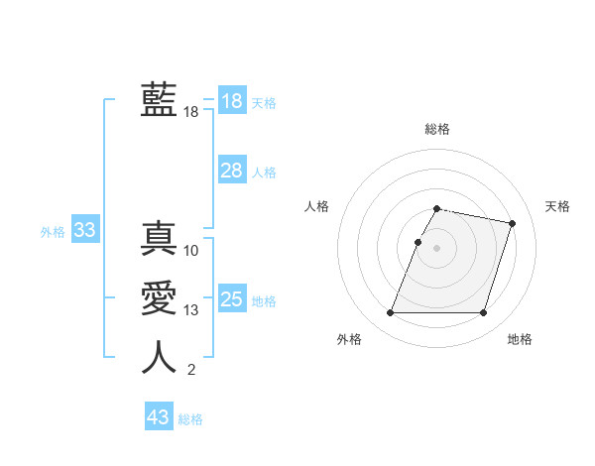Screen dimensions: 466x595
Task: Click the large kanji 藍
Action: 159,100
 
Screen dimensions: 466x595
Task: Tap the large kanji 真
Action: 159,239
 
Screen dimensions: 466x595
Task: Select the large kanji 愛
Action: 159,298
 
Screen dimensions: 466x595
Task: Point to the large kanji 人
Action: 159,358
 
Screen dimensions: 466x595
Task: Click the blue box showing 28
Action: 231,171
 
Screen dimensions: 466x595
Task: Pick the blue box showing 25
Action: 231,299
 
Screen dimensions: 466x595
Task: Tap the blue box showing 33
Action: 84,231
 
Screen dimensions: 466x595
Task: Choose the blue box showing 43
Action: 158,417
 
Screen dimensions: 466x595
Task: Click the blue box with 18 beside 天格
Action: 231,100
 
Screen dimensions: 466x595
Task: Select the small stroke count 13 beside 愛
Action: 191,310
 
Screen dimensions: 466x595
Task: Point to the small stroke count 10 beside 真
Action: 191,251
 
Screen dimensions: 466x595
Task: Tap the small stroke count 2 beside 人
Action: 191,371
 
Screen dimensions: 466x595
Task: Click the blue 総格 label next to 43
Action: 190,419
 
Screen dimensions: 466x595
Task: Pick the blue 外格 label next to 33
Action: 53,232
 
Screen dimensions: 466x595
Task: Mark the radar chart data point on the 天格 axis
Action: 512,224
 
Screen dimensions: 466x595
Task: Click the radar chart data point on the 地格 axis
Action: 483,313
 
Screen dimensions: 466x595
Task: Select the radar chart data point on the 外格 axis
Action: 391,313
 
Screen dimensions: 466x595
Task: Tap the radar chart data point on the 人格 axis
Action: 417,242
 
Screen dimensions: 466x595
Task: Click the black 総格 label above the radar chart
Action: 437,129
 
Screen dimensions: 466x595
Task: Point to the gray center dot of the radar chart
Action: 437,248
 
